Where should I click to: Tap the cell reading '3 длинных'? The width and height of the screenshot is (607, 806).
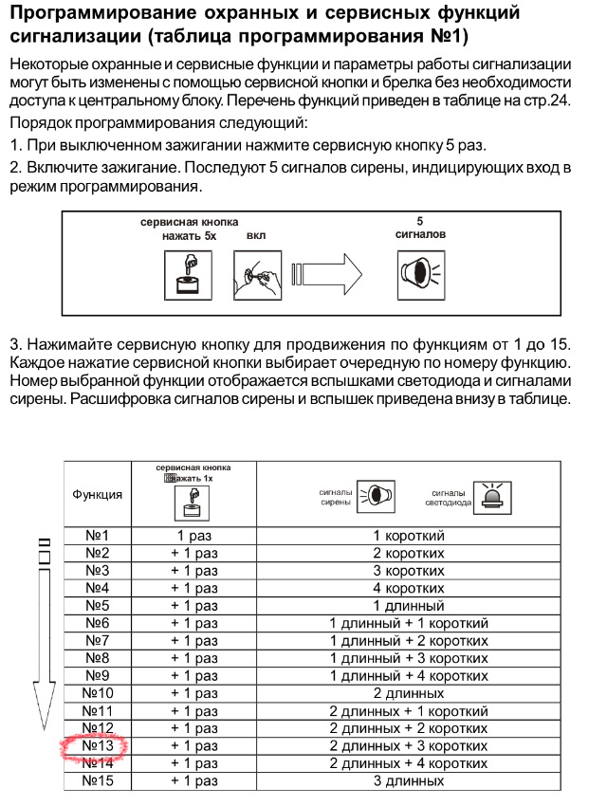click(x=408, y=781)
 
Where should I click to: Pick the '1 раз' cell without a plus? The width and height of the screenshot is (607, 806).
click(x=193, y=536)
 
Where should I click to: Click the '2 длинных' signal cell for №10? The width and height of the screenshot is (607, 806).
click(x=408, y=693)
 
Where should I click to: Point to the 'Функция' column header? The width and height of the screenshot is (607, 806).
click(x=97, y=494)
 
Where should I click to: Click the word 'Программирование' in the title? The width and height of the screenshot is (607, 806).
click(x=100, y=13)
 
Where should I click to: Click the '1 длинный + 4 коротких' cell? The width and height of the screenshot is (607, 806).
click(x=408, y=676)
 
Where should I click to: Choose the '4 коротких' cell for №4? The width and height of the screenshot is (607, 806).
click(x=408, y=588)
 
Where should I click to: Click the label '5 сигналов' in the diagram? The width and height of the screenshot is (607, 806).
click(x=420, y=228)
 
